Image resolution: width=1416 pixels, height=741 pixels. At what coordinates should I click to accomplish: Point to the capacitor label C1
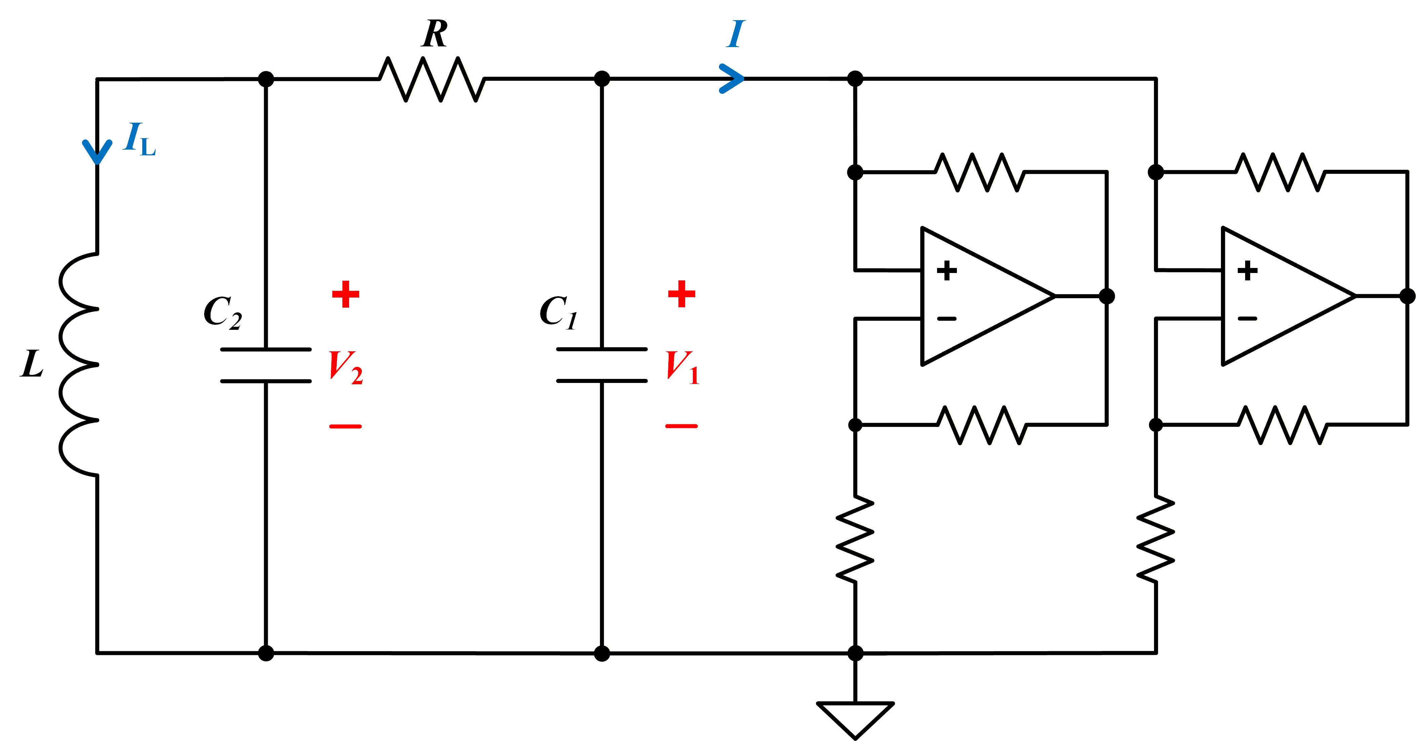558,312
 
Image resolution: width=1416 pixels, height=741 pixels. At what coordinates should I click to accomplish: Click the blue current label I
736,34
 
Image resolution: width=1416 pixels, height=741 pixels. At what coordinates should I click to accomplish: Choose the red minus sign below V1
682,426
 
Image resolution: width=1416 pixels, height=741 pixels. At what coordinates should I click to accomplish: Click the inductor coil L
79,364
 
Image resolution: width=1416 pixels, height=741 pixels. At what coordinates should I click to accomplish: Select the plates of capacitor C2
266,365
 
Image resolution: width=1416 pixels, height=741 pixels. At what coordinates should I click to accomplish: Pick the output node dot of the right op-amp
1407,296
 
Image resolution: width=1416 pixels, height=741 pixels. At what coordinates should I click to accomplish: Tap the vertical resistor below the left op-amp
855,539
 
